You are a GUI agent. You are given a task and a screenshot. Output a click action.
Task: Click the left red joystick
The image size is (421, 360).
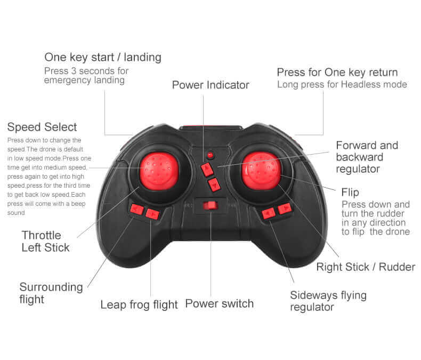(x=159, y=171)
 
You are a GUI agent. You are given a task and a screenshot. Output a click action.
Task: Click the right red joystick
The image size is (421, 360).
(x=261, y=171)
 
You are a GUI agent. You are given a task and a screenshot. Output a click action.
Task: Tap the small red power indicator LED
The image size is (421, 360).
(x=210, y=155)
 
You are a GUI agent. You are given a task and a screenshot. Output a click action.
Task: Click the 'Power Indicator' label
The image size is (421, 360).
(x=210, y=85)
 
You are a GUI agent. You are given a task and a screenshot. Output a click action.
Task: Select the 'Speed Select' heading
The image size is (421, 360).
(x=42, y=127)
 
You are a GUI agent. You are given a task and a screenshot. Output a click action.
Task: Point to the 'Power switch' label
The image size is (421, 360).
(x=220, y=304)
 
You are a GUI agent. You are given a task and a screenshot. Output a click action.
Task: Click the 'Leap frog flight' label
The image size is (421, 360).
(x=139, y=305)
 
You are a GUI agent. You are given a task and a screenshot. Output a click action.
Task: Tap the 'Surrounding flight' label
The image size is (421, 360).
(x=51, y=293)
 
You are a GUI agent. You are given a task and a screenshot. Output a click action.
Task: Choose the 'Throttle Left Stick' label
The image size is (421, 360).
(x=45, y=241)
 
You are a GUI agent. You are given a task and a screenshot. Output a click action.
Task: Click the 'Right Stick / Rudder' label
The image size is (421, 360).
(x=366, y=267)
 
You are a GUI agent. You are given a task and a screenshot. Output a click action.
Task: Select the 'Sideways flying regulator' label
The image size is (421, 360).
(x=328, y=301)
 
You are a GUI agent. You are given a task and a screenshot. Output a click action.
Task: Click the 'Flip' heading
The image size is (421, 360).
(x=350, y=193)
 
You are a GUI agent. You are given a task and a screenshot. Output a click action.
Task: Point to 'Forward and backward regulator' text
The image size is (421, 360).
(x=367, y=157)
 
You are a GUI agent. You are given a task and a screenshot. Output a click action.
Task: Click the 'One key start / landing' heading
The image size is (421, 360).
(x=103, y=58)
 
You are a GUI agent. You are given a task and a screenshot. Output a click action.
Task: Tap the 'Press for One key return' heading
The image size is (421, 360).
(x=337, y=73)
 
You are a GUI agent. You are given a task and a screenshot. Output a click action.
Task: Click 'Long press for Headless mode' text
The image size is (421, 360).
(x=342, y=85)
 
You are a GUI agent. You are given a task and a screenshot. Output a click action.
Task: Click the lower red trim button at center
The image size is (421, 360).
(x=214, y=185)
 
